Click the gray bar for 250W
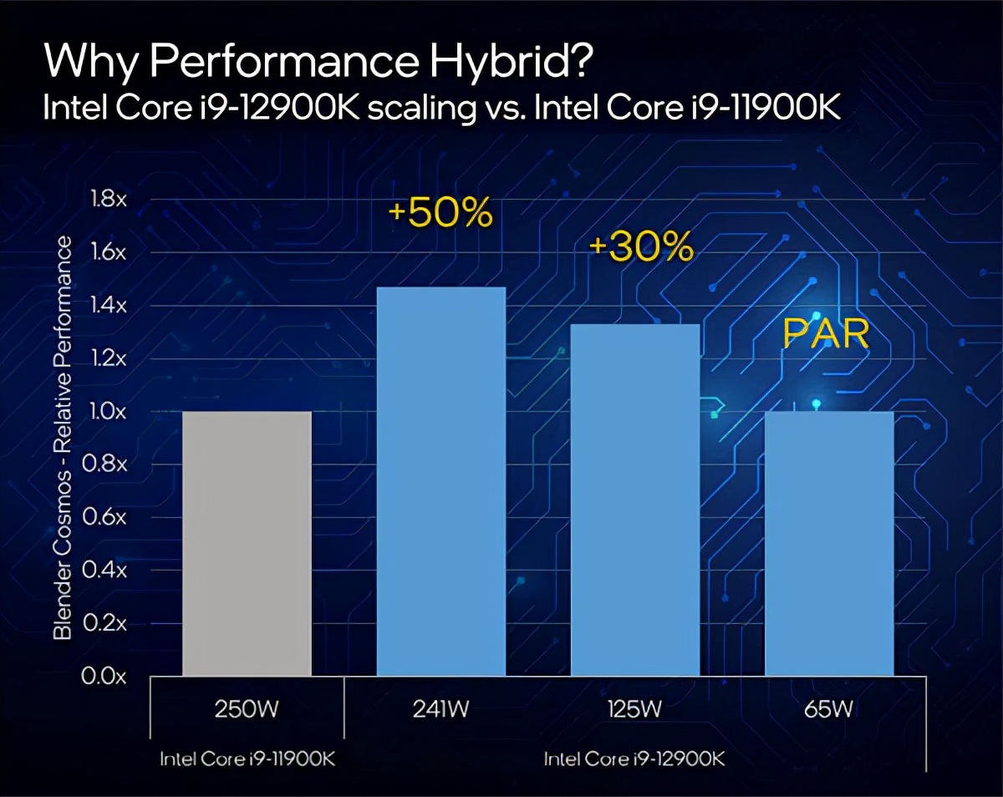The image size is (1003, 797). point(247,543)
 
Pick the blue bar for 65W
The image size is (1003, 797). point(829,543)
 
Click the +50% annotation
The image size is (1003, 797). point(440,214)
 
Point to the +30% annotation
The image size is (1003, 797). point(641,246)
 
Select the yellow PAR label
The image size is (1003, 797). point(826,334)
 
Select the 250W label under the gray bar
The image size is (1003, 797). point(247,710)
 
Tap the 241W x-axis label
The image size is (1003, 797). point(440,710)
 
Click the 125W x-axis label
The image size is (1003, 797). point(634,710)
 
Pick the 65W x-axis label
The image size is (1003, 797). point(829,710)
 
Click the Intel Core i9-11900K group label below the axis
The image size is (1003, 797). point(247,759)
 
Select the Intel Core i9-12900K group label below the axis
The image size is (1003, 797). point(634,759)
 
